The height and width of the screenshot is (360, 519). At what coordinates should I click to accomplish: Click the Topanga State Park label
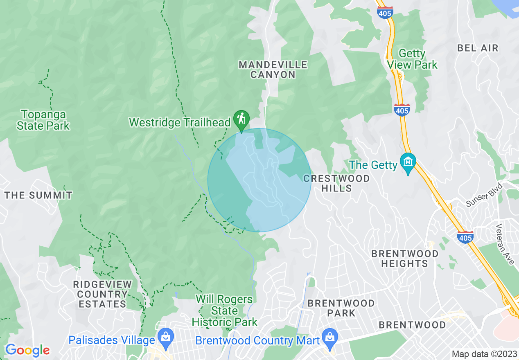pyautogui.click(x=43, y=120)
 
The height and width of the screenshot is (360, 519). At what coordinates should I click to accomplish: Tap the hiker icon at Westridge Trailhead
pyautogui.click(x=241, y=119)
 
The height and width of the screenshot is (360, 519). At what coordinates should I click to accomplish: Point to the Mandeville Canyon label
pyautogui.click(x=273, y=70)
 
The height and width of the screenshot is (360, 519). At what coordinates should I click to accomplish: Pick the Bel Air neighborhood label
pyautogui.click(x=478, y=48)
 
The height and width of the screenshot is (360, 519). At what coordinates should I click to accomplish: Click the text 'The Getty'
pyautogui.click(x=373, y=165)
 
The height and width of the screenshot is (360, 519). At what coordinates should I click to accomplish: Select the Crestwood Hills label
pyautogui.click(x=336, y=183)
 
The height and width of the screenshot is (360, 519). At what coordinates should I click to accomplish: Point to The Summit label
pyautogui.click(x=38, y=195)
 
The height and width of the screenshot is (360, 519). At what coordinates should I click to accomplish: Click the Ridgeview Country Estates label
pyautogui.click(x=103, y=294)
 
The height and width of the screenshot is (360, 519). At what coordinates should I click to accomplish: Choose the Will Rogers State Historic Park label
pyautogui.click(x=225, y=310)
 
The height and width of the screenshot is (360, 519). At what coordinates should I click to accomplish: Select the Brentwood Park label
pyautogui.click(x=341, y=308)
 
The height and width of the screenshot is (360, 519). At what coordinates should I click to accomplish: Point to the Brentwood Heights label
pyautogui.click(x=405, y=259)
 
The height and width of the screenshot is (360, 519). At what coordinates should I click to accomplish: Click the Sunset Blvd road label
pyautogui.click(x=484, y=195)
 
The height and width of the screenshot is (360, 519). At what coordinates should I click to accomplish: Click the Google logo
pyautogui.click(x=27, y=350)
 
